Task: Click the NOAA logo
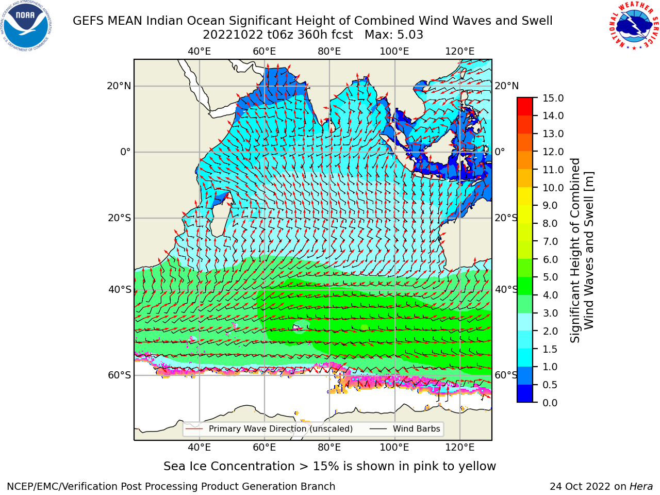(x=26, y=26)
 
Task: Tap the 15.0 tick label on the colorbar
(x=553, y=98)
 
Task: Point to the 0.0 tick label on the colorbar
(x=550, y=403)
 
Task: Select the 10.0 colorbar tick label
(x=553, y=188)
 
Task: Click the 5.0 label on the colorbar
(x=550, y=277)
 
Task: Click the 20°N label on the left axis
(x=119, y=86)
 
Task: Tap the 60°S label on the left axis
(x=120, y=375)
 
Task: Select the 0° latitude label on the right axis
(x=500, y=152)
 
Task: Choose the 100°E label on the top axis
(x=394, y=52)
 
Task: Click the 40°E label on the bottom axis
(x=199, y=448)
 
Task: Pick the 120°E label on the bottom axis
(x=460, y=448)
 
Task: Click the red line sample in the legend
(x=194, y=429)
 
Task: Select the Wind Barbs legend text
(x=417, y=429)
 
